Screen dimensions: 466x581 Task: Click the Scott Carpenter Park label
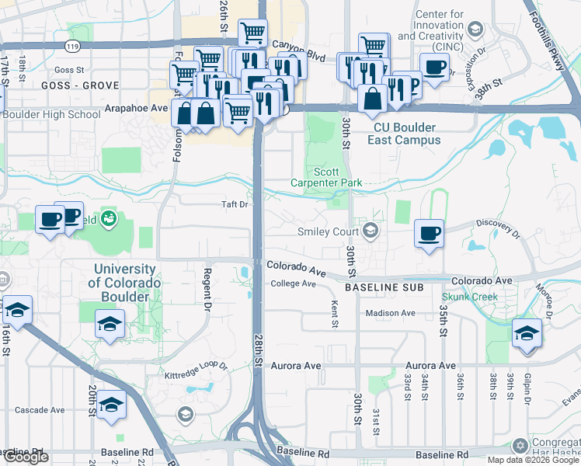(x=337, y=177)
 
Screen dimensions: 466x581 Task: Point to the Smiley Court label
(x=329, y=231)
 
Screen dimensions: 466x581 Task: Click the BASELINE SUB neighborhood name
(x=384, y=287)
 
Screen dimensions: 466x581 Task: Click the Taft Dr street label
(x=235, y=205)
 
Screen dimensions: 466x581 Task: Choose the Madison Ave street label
(x=391, y=313)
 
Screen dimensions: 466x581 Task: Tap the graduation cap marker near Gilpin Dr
(x=527, y=333)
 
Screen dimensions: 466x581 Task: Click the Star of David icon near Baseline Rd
(x=520, y=446)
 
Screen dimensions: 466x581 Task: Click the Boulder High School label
(x=51, y=114)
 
